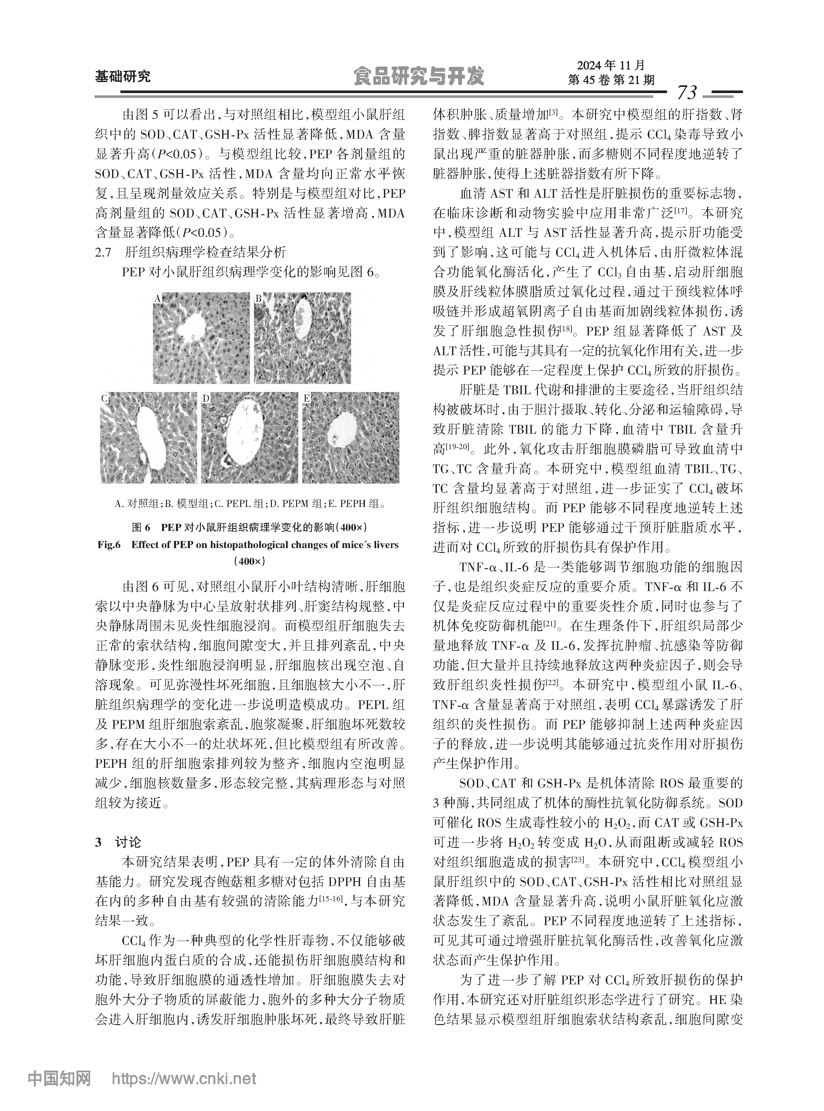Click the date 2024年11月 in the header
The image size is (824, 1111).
611,65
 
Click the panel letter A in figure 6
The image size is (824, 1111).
158,299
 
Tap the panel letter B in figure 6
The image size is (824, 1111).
258,299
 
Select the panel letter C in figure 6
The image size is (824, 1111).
105,398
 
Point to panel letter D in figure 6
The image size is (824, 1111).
205,398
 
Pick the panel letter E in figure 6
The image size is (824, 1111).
307,398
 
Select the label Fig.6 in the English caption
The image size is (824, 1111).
109,545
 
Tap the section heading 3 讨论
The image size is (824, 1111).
118,842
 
